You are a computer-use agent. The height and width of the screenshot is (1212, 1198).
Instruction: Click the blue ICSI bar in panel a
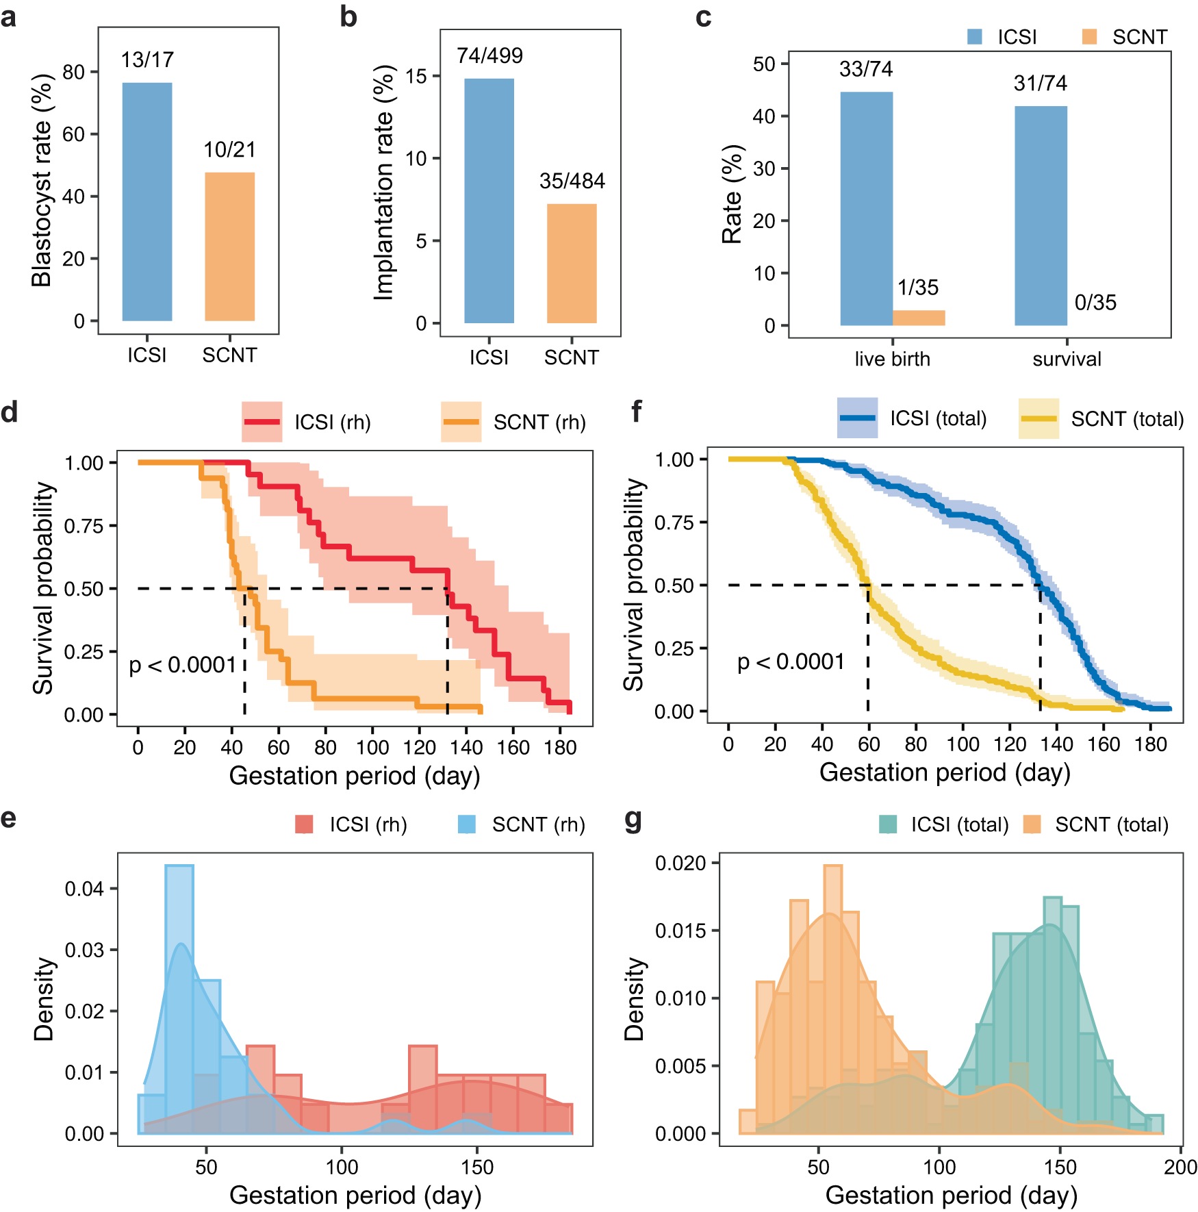point(146,201)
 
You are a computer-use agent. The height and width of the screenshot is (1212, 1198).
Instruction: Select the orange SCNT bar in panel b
point(572,264)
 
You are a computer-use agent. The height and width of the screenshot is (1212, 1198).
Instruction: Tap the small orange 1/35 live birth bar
point(919,318)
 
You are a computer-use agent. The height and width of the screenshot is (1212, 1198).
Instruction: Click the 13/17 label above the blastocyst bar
point(147,60)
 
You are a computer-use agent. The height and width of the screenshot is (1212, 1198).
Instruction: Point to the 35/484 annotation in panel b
point(572,181)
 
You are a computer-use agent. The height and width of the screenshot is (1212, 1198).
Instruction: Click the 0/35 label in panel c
point(1095,303)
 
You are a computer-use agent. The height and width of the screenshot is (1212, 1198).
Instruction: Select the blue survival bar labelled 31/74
point(1041,216)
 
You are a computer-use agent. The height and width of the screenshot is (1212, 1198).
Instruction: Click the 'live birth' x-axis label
point(892,359)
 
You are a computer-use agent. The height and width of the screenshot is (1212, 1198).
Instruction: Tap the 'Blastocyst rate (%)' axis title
point(42,180)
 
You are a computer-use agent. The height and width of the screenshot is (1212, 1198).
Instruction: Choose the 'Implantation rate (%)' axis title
point(384,183)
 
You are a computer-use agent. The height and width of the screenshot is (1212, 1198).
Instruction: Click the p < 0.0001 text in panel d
point(182,665)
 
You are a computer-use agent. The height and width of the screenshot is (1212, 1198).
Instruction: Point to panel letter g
point(633,820)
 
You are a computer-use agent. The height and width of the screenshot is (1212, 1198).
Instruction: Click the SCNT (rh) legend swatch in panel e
point(466,824)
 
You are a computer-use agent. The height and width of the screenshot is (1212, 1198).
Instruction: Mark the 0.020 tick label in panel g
point(680,863)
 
